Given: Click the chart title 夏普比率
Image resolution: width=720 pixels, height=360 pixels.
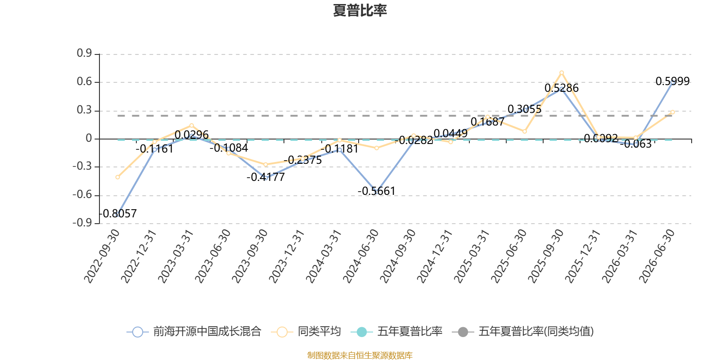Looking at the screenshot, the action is [x=360, y=11].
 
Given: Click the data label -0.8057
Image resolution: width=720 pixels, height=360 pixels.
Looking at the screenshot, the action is [x=118, y=213].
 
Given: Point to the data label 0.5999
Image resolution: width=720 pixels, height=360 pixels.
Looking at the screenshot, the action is [x=672, y=81].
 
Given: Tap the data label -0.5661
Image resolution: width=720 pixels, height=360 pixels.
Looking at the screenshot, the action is [x=376, y=191].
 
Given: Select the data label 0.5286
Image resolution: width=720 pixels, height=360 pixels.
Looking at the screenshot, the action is [x=562, y=88].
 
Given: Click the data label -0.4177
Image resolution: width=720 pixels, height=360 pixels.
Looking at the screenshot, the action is [x=265, y=177].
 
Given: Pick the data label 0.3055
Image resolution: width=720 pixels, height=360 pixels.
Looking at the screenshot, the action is [x=525, y=109].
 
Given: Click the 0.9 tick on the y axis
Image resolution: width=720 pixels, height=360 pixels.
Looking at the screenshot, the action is [x=84, y=53].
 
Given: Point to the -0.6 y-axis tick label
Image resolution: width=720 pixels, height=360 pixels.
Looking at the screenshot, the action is [x=82, y=195].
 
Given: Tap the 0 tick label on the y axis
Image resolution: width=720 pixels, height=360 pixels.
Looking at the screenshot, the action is [x=89, y=138].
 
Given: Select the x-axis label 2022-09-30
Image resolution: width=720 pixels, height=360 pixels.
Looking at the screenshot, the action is [x=102, y=256].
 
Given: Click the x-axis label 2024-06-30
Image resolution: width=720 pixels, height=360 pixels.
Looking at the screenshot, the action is [x=360, y=256].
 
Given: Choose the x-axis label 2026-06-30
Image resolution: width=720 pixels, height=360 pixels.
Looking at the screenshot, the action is [x=657, y=256].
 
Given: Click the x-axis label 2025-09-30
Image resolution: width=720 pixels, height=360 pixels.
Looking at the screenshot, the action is [x=546, y=256].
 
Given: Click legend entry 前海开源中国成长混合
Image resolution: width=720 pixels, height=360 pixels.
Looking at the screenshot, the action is [x=194, y=331].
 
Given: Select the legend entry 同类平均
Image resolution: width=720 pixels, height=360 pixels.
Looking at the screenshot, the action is [x=306, y=331].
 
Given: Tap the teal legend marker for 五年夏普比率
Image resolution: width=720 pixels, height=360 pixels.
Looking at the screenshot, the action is [x=362, y=332].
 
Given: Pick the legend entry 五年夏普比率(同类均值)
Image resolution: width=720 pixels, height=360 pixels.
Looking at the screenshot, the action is [x=523, y=331].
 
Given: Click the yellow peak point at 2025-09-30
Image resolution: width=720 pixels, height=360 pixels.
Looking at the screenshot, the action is [x=562, y=73].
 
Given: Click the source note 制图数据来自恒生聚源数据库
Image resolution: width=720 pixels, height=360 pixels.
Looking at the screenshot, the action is [x=360, y=355].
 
